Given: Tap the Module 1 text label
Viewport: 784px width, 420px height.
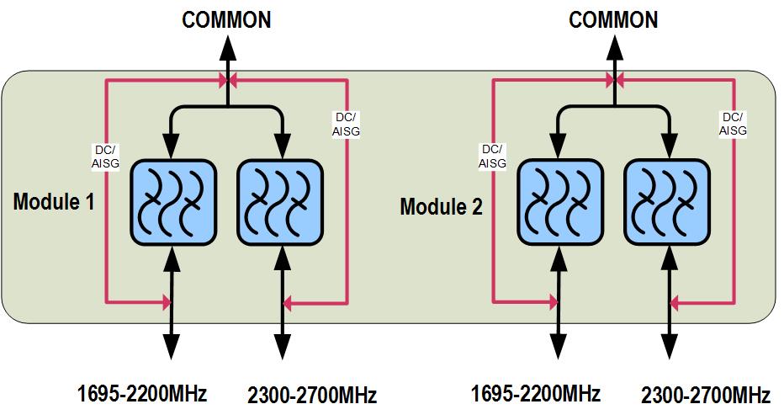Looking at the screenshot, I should (55, 202).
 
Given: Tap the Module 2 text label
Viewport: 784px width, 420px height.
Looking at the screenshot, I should (441, 206).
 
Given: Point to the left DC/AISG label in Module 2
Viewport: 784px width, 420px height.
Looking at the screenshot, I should (492, 157).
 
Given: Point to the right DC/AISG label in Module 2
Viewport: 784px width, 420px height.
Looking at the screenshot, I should (734, 123).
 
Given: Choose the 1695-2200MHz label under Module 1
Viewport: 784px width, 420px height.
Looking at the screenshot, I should (141, 392).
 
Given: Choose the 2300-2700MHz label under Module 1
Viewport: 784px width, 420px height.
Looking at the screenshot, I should (312, 394).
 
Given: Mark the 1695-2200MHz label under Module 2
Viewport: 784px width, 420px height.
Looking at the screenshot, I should (535, 392).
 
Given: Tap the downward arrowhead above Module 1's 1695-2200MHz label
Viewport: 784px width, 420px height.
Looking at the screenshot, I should (172, 344).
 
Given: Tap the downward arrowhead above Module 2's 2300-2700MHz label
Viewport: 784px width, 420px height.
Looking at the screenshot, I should (667, 344).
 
